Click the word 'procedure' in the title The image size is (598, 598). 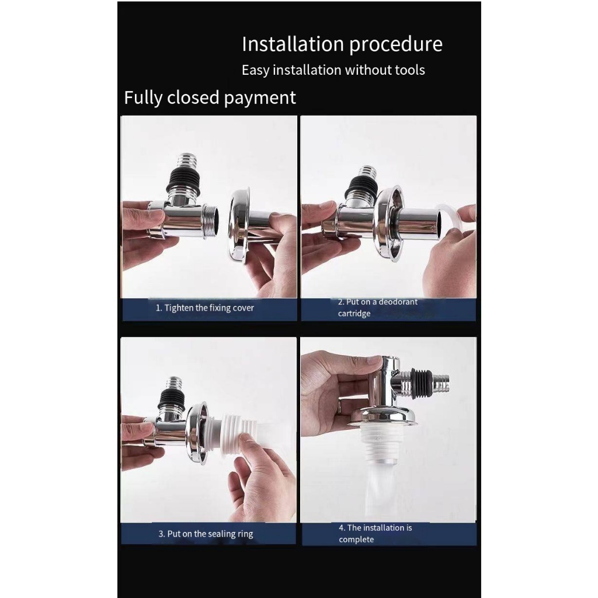pyautogui.click(x=395, y=45)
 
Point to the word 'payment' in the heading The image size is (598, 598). pyautogui.click(x=260, y=98)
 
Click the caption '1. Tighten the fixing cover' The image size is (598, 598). pyautogui.click(x=205, y=308)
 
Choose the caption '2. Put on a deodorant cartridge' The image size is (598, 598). pyautogui.click(x=378, y=307)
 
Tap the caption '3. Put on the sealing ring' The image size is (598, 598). pyautogui.click(x=206, y=534)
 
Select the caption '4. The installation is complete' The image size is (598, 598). pyautogui.click(x=376, y=533)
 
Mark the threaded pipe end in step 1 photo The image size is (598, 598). pyautogui.click(x=211, y=222)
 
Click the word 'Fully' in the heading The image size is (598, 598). pyautogui.click(x=143, y=98)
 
